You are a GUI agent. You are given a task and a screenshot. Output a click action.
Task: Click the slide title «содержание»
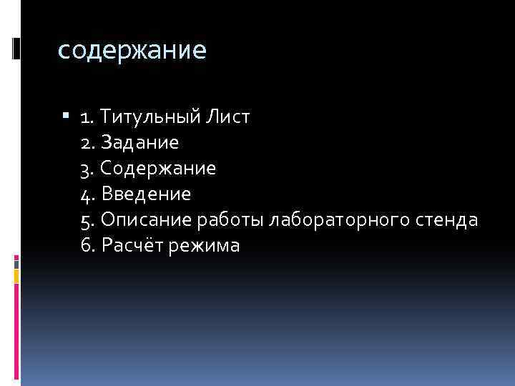click(131, 51)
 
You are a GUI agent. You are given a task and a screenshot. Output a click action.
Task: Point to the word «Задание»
click(139, 142)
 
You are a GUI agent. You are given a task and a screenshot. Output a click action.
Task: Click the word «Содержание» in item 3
click(158, 168)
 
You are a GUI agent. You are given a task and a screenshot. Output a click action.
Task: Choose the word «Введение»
click(146, 194)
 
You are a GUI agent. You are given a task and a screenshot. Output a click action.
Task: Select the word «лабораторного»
click(339, 220)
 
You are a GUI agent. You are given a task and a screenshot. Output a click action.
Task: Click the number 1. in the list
click(86, 117)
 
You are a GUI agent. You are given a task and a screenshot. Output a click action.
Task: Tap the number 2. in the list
click(87, 142)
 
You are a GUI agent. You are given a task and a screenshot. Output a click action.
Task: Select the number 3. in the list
click(87, 168)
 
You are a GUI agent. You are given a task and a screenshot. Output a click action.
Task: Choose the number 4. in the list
click(88, 194)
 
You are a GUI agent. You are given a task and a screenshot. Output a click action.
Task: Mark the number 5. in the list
click(87, 219)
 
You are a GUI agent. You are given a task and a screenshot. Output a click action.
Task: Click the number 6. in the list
click(88, 246)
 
